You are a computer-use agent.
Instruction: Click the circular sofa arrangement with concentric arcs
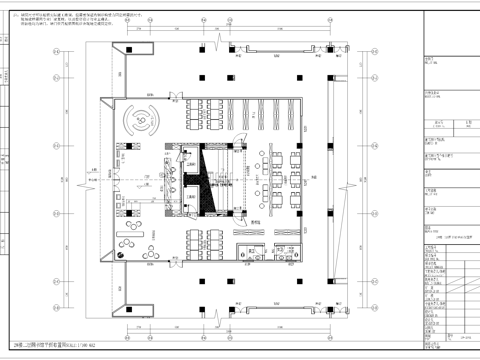(139, 121)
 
